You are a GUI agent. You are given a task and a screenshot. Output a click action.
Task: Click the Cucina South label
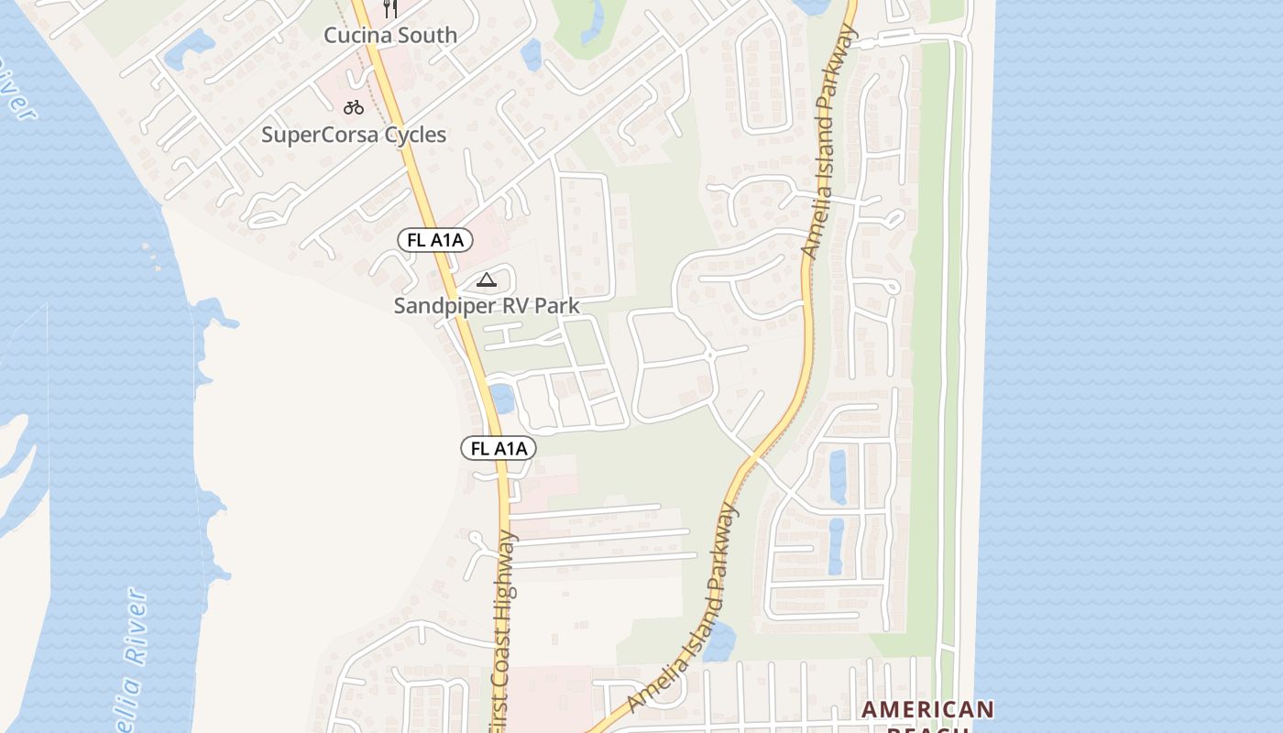tap(390, 36)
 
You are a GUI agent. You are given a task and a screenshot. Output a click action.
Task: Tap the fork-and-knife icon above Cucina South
tap(390, 9)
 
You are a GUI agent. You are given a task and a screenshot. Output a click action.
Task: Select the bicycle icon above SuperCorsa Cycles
tap(354, 107)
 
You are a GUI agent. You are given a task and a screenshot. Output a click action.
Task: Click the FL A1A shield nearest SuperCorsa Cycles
tap(435, 240)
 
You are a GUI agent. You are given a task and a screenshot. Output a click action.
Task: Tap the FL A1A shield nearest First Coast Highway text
tap(498, 448)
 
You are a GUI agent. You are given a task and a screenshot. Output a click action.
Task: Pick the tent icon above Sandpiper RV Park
tap(486, 279)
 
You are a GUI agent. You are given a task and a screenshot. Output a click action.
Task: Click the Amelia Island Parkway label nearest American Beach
tap(684, 609)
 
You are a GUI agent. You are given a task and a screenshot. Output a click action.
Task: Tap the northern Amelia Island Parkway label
tap(828, 142)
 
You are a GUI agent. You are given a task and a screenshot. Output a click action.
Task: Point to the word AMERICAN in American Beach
tap(927, 710)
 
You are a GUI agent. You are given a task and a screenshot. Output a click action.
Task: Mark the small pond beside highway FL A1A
tap(501, 399)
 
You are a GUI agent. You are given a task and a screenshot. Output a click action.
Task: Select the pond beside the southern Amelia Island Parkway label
tap(719, 641)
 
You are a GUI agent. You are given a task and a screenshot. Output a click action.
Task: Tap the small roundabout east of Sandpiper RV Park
tap(710, 354)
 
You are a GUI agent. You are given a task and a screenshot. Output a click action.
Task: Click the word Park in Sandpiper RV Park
tap(558, 306)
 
